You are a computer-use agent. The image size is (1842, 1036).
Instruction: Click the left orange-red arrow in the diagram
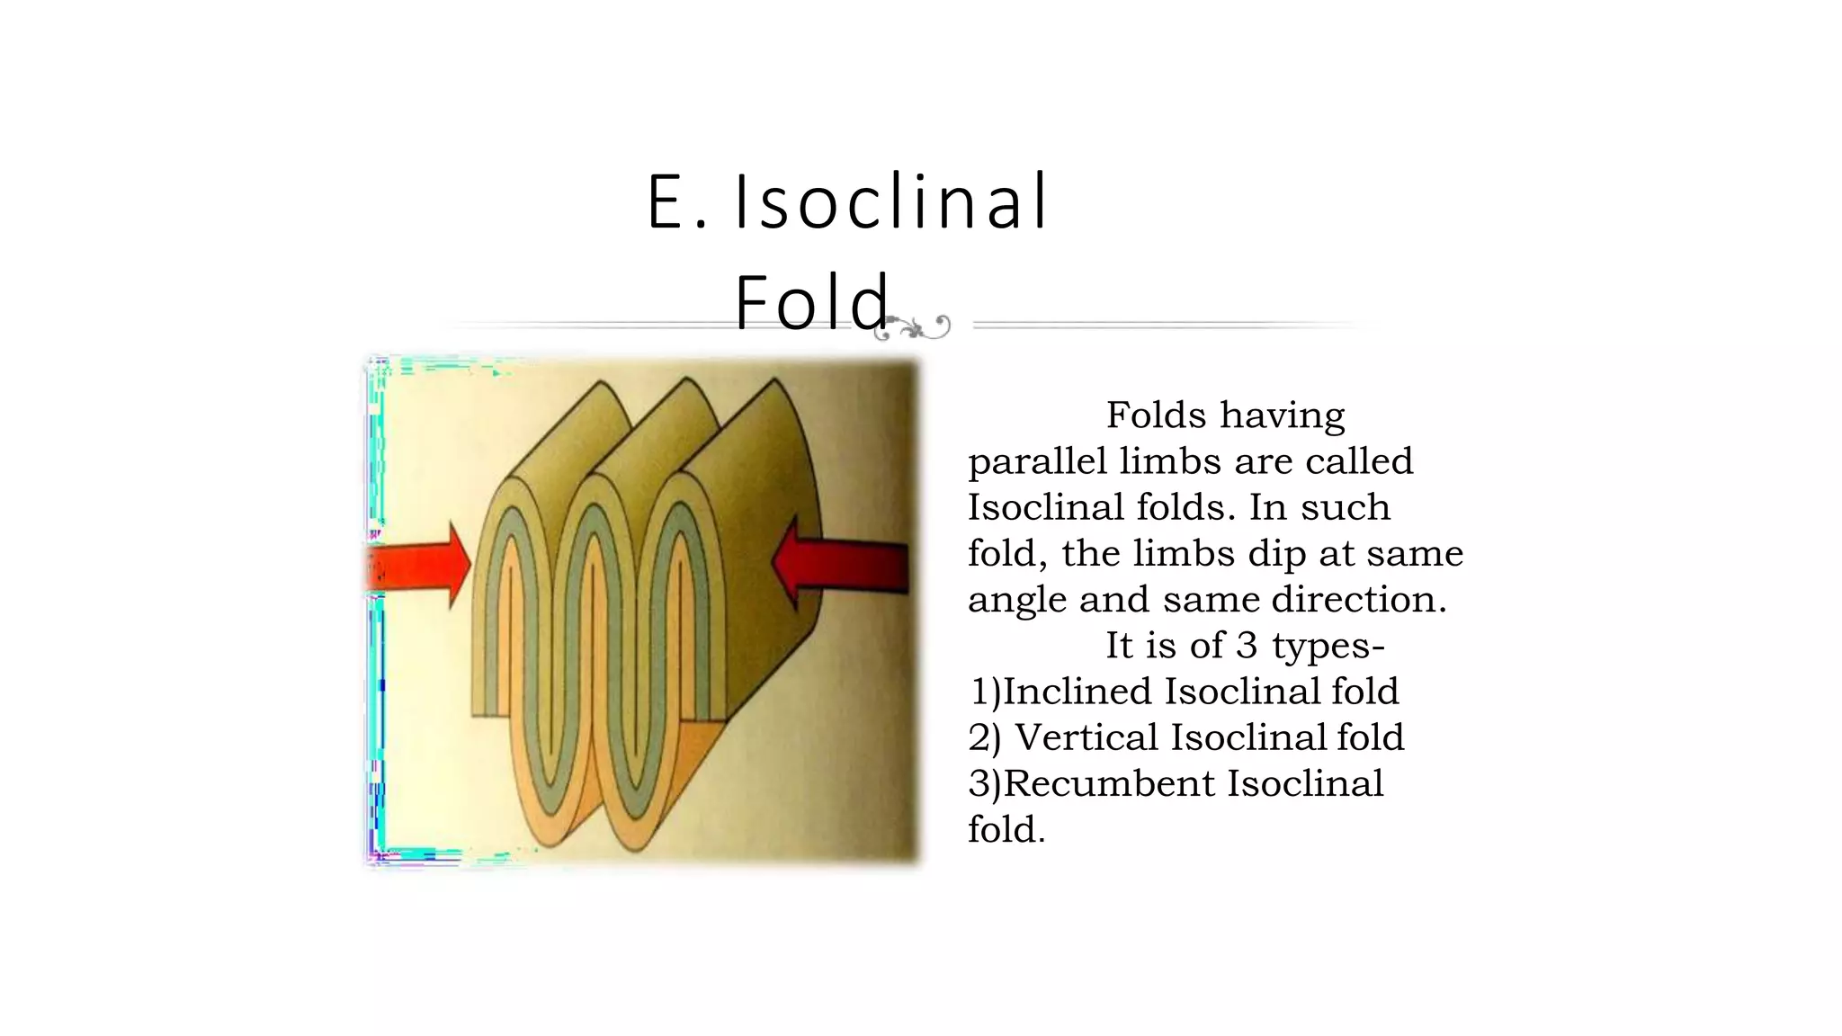click(x=419, y=567)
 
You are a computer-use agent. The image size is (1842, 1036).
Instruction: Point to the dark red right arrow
click(x=841, y=565)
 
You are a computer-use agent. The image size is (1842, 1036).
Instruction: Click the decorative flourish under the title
click(x=913, y=327)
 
